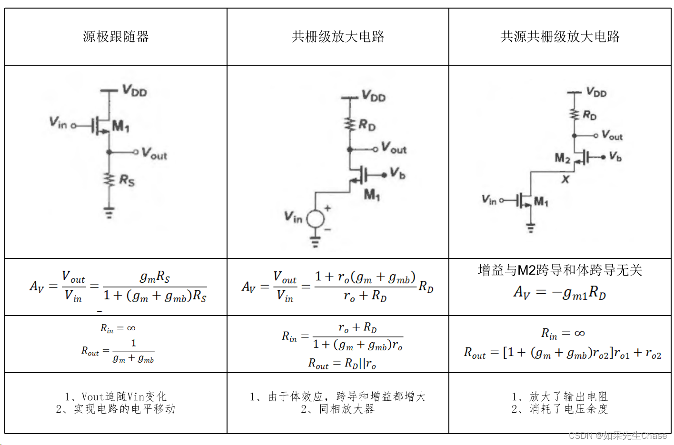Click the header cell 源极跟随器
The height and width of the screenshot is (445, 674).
click(x=116, y=37)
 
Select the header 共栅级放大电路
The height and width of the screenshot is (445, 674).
click(x=338, y=37)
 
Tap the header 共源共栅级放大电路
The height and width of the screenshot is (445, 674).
click(x=560, y=37)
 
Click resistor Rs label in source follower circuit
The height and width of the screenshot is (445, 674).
click(x=127, y=180)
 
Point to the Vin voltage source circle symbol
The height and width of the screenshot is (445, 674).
click(x=315, y=219)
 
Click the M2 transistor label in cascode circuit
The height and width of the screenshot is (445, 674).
click(x=562, y=158)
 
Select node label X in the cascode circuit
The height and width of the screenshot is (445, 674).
click(x=565, y=179)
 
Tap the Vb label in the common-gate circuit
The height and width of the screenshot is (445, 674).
click(x=397, y=173)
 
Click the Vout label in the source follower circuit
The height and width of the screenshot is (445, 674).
click(x=154, y=154)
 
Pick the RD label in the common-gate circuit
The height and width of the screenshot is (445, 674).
click(x=367, y=125)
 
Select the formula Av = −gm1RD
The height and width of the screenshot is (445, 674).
click(x=560, y=292)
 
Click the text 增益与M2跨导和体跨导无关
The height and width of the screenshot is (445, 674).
click(x=560, y=270)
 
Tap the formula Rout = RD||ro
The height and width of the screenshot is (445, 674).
click(x=342, y=364)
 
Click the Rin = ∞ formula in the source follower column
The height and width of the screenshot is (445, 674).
click(x=118, y=328)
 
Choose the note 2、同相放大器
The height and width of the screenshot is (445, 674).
click(x=337, y=409)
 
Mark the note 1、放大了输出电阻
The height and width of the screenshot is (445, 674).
click(x=560, y=396)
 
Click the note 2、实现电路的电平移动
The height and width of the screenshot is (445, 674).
click(x=116, y=409)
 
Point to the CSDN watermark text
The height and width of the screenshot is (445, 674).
click(x=617, y=435)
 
